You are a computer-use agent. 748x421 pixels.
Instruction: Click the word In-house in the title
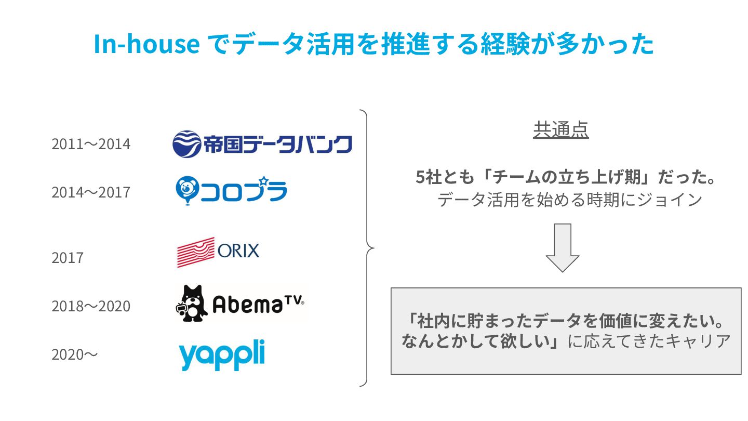click(x=146, y=45)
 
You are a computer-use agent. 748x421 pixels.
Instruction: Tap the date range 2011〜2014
click(x=91, y=144)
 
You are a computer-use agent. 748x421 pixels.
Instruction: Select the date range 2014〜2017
click(x=91, y=192)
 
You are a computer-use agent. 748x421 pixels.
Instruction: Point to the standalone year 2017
click(x=67, y=258)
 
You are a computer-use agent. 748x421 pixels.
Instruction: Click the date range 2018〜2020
click(x=91, y=306)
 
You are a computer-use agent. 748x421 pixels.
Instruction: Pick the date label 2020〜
click(x=74, y=355)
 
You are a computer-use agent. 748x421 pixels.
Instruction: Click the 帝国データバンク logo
click(x=262, y=144)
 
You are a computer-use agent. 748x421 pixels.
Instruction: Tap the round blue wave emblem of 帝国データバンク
click(x=186, y=144)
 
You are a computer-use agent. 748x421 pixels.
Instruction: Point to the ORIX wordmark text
click(x=238, y=252)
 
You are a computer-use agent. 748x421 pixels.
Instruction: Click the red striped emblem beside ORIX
click(x=196, y=252)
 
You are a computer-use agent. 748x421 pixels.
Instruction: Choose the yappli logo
click(x=222, y=355)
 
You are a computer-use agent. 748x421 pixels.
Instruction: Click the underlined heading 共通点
click(x=560, y=130)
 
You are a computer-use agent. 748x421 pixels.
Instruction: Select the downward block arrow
click(x=563, y=247)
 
